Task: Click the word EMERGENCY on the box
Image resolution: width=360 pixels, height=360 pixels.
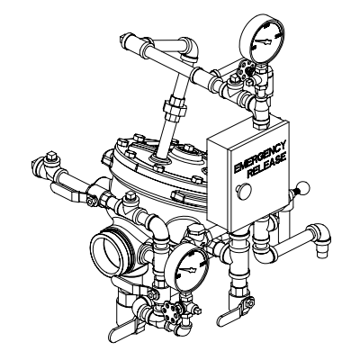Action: (x=259, y=157)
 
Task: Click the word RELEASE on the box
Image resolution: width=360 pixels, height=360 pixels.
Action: (x=266, y=166)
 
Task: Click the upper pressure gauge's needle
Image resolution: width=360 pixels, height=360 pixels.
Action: (x=265, y=41)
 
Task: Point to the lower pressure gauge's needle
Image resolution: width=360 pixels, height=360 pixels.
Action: (x=188, y=269)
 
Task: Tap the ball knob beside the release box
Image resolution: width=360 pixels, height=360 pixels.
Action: (x=304, y=188)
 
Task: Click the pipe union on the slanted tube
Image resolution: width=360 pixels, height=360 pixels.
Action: (x=174, y=107)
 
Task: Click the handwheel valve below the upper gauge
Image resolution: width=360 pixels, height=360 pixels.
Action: (x=245, y=69)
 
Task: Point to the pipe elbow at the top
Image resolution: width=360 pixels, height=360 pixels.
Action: (x=190, y=48)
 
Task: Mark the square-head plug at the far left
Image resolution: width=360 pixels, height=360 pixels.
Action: (x=51, y=156)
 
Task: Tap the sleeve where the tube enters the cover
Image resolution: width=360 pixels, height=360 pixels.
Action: (x=159, y=159)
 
